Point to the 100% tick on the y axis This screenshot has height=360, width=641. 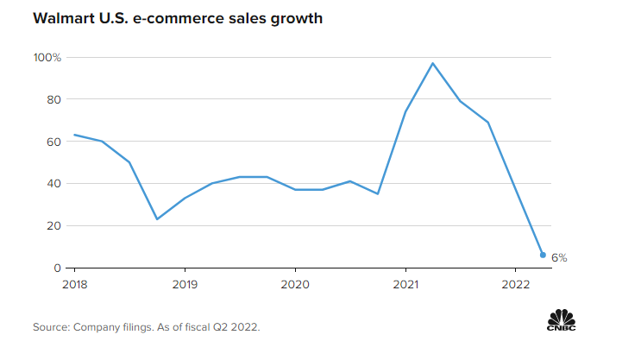click(47, 57)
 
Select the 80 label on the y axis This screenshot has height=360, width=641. click(53, 99)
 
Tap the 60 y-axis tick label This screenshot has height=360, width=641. click(53, 142)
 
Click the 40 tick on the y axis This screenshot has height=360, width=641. click(53, 184)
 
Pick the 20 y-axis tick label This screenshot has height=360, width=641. click(53, 226)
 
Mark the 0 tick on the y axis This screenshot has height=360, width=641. click(56, 268)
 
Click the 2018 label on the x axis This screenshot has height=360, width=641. click(74, 284)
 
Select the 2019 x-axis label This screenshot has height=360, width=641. click(185, 284)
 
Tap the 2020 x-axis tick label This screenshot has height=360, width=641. click(295, 284)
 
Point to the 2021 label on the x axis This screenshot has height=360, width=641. click(405, 284)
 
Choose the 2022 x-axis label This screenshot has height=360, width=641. click(515, 284)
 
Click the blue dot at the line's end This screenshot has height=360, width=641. click(543, 255)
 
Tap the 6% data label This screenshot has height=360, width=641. click(559, 257)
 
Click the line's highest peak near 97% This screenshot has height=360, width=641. click(433, 63)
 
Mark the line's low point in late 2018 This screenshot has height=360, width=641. click(157, 219)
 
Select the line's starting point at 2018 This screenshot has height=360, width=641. click(74, 135)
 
